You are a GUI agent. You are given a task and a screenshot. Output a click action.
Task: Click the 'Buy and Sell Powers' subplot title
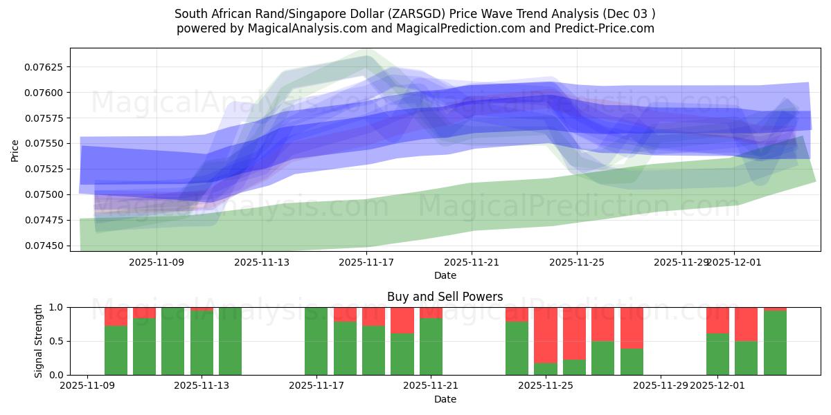445,297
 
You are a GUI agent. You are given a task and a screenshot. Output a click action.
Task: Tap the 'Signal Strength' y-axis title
39,341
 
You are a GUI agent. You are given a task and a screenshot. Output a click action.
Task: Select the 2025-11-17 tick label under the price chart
366,262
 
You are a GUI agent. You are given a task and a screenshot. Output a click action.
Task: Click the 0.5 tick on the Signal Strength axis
56,341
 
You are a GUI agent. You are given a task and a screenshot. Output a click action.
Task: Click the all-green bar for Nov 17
316,341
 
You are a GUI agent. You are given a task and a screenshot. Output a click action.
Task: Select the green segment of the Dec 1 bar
717,354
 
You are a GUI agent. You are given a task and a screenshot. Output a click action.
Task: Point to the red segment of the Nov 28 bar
632,328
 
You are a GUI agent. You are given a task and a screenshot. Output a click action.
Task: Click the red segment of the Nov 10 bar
116,316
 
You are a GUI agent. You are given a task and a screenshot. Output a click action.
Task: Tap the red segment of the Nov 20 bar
402,320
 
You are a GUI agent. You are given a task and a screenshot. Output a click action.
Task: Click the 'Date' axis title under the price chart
445,275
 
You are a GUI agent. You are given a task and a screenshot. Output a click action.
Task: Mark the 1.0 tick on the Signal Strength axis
56,307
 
